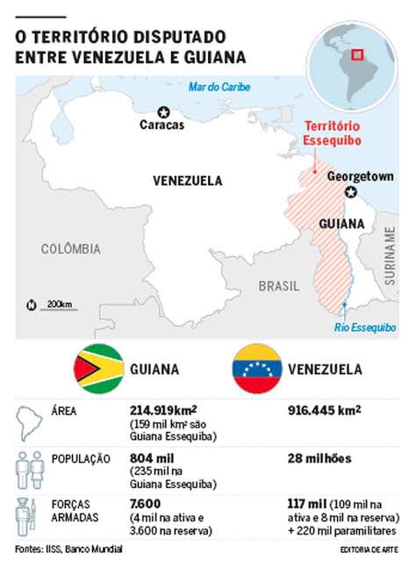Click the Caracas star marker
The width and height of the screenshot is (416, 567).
[163, 111]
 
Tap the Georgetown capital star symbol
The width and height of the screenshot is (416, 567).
[352, 192]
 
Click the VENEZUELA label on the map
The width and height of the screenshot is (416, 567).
[188, 181]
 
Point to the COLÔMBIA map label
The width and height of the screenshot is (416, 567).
[71, 249]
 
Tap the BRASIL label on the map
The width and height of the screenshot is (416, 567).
[279, 286]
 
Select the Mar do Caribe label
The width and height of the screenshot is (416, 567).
[220, 87]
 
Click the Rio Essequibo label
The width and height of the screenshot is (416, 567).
[365, 327]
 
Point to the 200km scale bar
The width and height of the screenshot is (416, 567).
[59, 305]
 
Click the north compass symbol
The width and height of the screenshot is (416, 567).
[32, 305]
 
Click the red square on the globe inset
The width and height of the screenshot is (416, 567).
[357, 54]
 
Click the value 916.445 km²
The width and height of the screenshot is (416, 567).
[325, 410]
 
